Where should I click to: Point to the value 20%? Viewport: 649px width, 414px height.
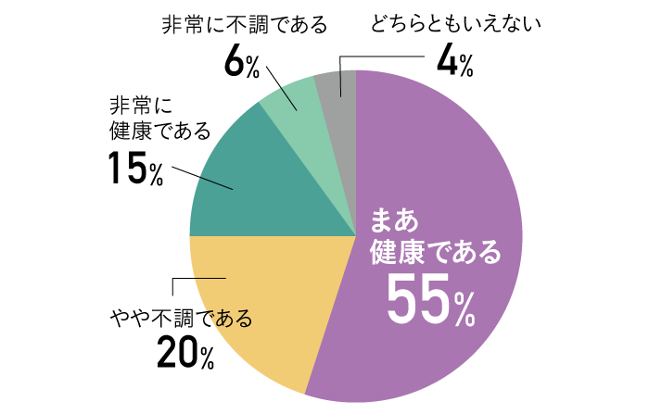185,353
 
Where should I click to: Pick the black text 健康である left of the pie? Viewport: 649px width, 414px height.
159,129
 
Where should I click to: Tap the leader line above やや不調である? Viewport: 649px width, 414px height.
199,278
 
